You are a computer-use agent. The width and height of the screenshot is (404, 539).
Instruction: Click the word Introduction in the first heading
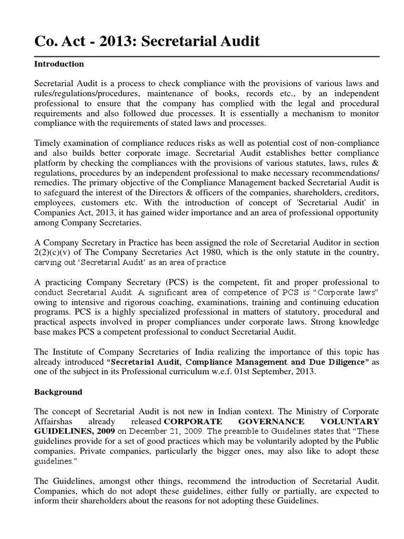click(59, 64)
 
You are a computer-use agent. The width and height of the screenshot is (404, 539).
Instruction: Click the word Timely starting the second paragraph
click(48, 143)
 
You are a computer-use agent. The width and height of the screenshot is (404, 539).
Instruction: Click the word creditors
click(360, 192)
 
